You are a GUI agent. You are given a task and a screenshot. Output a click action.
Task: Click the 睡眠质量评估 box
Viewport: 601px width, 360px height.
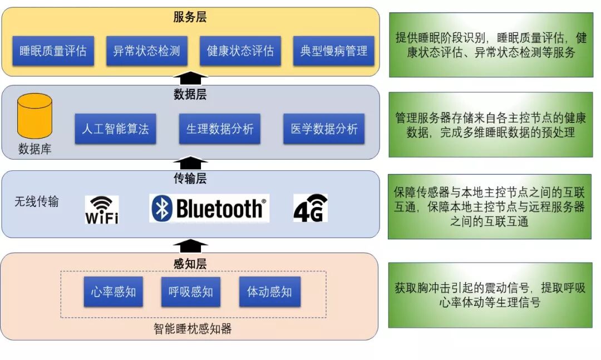[x=53, y=51]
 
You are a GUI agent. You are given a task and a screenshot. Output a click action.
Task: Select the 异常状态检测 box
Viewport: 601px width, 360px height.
[x=146, y=51]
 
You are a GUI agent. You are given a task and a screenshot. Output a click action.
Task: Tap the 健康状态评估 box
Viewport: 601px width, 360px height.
[x=240, y=51]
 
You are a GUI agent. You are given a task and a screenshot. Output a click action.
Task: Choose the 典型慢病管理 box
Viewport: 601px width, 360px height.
[x=333, y=51]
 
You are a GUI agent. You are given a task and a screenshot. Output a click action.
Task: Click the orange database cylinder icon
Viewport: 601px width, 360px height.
[x=35, y=116]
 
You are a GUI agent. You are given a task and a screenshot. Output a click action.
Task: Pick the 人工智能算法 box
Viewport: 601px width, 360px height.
[x=115, y=129]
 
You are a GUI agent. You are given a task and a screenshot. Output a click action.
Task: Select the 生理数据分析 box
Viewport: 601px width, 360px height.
[x=219, y=129]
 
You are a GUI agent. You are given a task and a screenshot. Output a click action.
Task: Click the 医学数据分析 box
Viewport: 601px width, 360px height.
[x=324, y=129]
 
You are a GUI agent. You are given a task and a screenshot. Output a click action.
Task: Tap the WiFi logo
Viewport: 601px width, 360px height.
[x=101, y=210]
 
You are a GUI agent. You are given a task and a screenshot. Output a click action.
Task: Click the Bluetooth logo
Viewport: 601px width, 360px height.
[x=209, y=209]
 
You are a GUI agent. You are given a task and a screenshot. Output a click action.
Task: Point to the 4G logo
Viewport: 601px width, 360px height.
[x=310, y=209]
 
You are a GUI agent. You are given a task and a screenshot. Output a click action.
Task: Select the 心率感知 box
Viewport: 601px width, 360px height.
[x=114, y=292]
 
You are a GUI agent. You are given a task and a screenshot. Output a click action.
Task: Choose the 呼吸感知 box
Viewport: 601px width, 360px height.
[x=191, y=292]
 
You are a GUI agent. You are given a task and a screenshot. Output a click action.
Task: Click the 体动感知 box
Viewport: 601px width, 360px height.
[x=269, y=292]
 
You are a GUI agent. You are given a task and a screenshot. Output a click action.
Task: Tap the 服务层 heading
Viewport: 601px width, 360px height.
[x=190, y=17]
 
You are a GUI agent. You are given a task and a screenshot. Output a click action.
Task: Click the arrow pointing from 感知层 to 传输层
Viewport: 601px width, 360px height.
[x=190, y=245]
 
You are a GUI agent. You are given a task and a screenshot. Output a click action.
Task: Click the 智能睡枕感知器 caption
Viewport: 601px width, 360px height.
[x=193, y=329]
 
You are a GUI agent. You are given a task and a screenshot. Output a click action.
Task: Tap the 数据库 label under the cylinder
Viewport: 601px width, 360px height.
[x=35, y=149]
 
